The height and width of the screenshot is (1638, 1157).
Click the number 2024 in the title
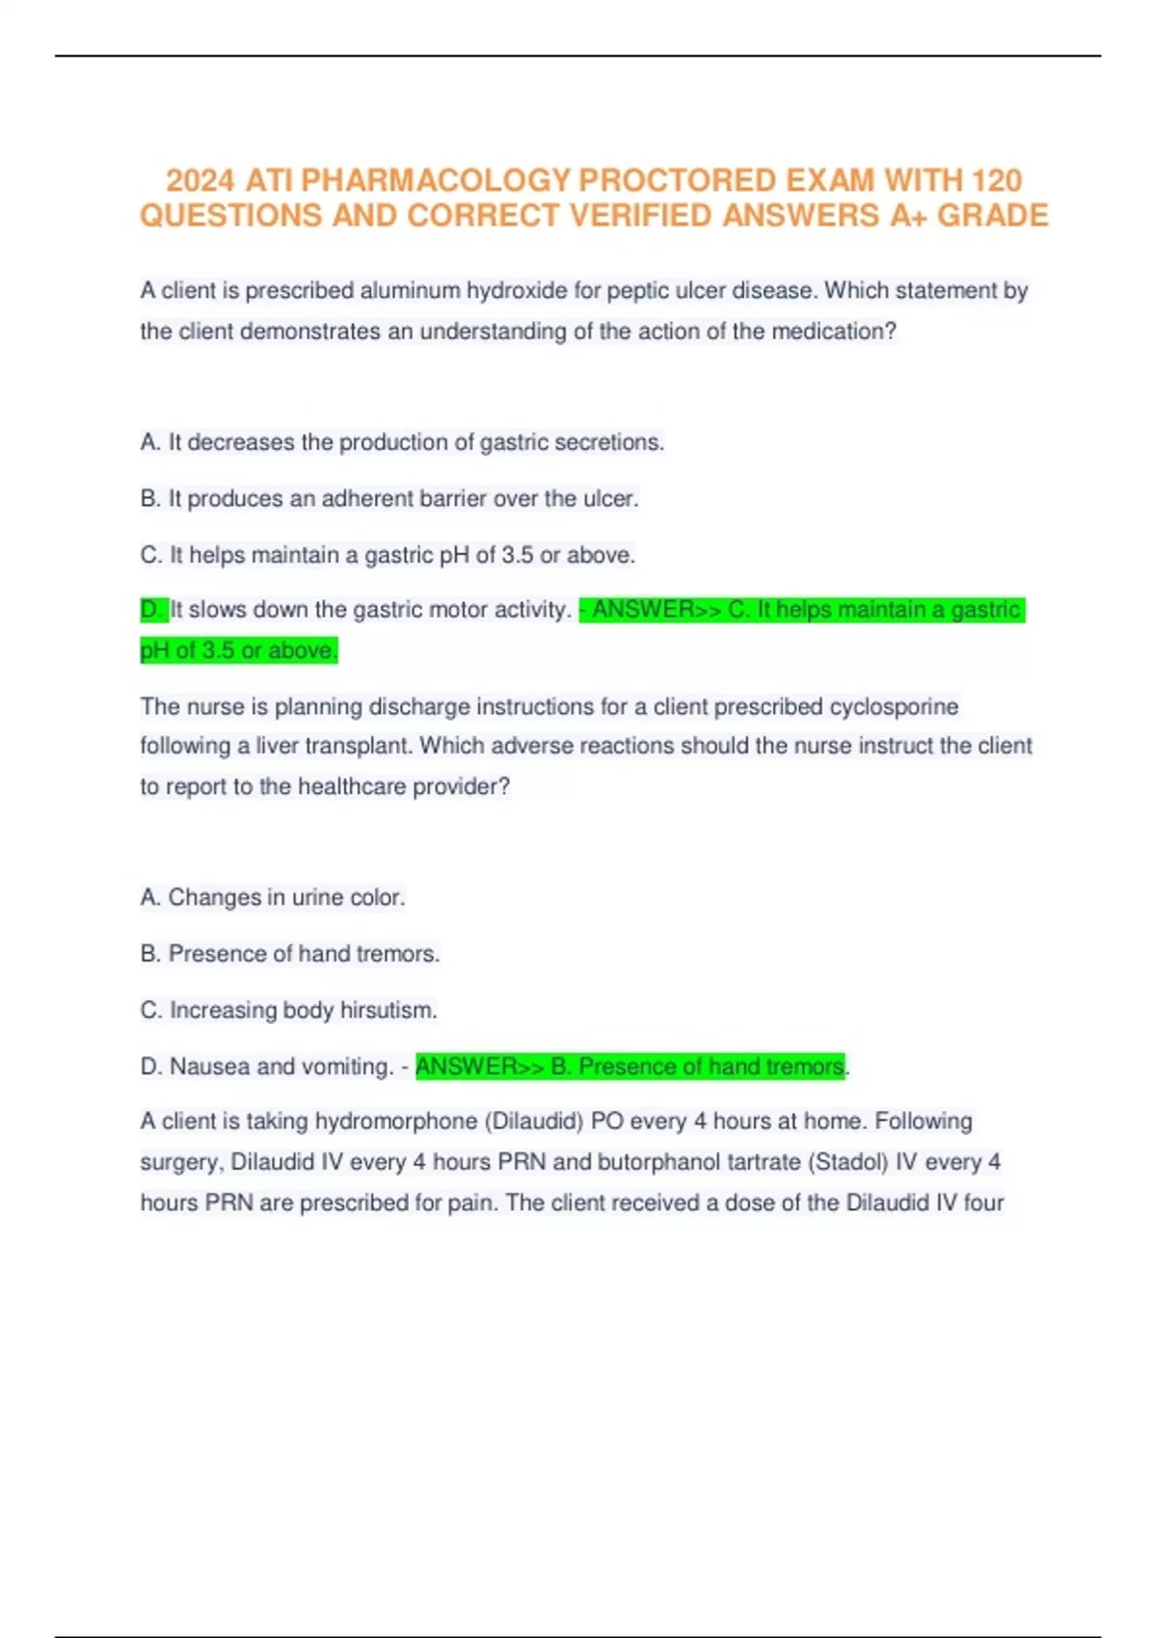click(x=200, y=180)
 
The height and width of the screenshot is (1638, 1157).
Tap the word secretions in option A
click(x=613, y=442)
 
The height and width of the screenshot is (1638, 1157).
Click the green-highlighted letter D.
click(x=151, y=609)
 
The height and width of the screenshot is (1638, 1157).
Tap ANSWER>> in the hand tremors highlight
click(x=479, y=1067)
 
